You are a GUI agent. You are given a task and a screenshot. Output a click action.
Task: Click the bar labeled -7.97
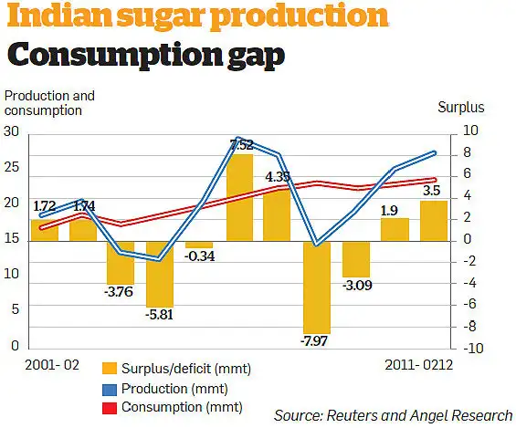click(x=316, y=287)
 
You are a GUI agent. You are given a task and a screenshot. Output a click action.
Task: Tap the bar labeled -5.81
click(x=160, y=274)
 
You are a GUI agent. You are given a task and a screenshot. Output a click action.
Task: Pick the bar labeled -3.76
click(x=121, y=263)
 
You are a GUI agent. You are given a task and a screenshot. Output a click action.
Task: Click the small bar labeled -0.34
click(x=199, y=245)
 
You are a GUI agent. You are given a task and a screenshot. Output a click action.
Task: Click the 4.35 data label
click(x=278, y=176)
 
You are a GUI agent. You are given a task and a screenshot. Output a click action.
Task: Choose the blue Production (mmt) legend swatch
click(x=109, y=388)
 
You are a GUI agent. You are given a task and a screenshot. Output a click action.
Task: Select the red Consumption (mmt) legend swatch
click(x=109, y=406)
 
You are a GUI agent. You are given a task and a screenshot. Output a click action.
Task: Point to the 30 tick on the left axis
click(x=12, y=131)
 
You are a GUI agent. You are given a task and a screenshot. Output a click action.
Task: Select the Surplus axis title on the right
click(x=461, y=108)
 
